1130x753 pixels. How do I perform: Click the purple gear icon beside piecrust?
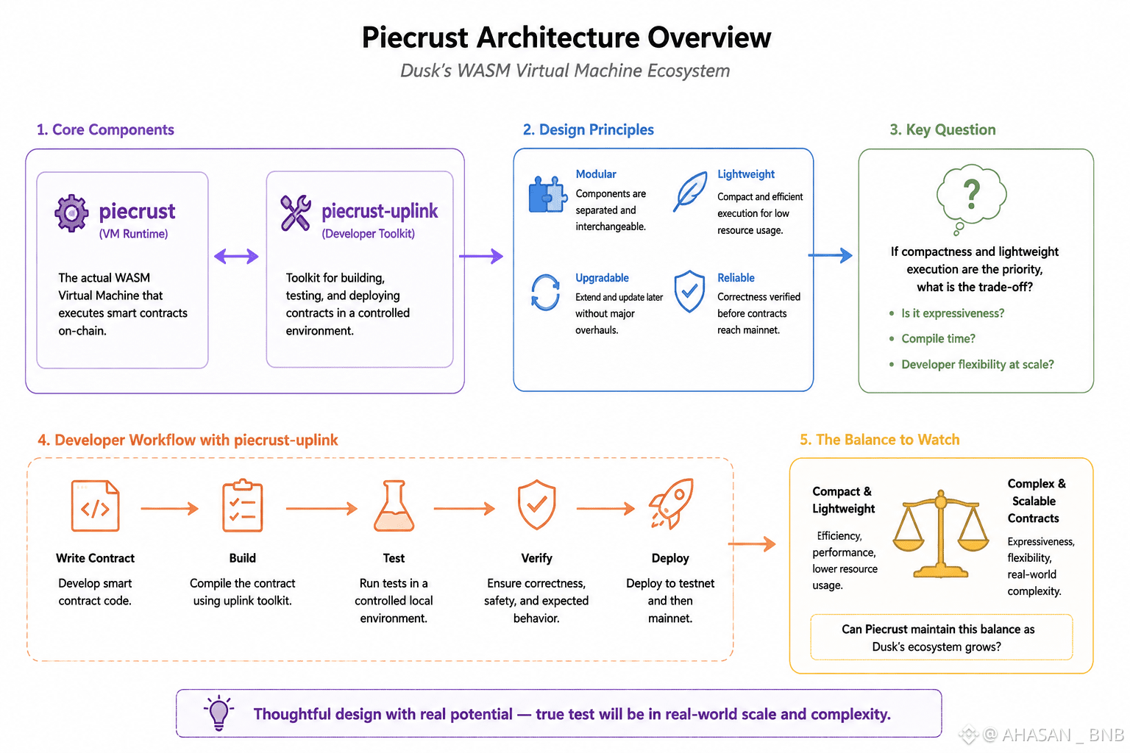coord(71,213)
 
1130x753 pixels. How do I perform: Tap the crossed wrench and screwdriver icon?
coord(296,213)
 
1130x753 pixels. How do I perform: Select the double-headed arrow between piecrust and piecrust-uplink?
coord(236,256)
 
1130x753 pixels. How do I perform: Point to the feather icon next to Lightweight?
coord(689,192)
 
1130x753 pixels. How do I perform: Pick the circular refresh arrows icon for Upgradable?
coord(545,292)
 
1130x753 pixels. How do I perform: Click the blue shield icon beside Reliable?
coord(689,291)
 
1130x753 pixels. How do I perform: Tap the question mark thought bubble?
coord(971,199)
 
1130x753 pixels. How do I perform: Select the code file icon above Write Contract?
coord(96,505)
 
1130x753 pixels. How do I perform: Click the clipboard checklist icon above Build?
coord(243,505)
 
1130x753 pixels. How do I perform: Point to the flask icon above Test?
coord(394,505)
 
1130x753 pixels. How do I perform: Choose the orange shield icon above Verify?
coord(537,504)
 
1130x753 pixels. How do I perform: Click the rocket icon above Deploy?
coord(672,503)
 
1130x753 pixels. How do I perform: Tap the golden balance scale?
coord(940,534)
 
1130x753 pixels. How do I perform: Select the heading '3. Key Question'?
coord(942,129)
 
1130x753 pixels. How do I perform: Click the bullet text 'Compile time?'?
coord(938,338)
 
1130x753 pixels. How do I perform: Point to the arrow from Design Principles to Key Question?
coord(831,255)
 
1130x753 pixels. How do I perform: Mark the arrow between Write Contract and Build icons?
coord(169,508)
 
